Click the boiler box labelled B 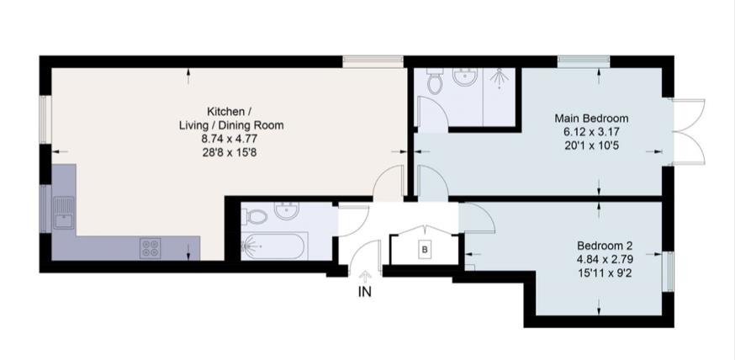coord(425,250)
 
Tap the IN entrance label coord(364,292)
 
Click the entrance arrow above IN coord(364,276)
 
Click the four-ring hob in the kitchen coord(151,248)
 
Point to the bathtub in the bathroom coord(275,246)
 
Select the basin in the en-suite coord(463,78)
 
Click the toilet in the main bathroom coord(256,217)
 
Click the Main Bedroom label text coord(591,118)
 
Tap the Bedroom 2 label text coord(598,246)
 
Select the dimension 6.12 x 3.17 coord(591,132)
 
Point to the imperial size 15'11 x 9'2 coord(598,273)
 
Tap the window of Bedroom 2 coord(670,271)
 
